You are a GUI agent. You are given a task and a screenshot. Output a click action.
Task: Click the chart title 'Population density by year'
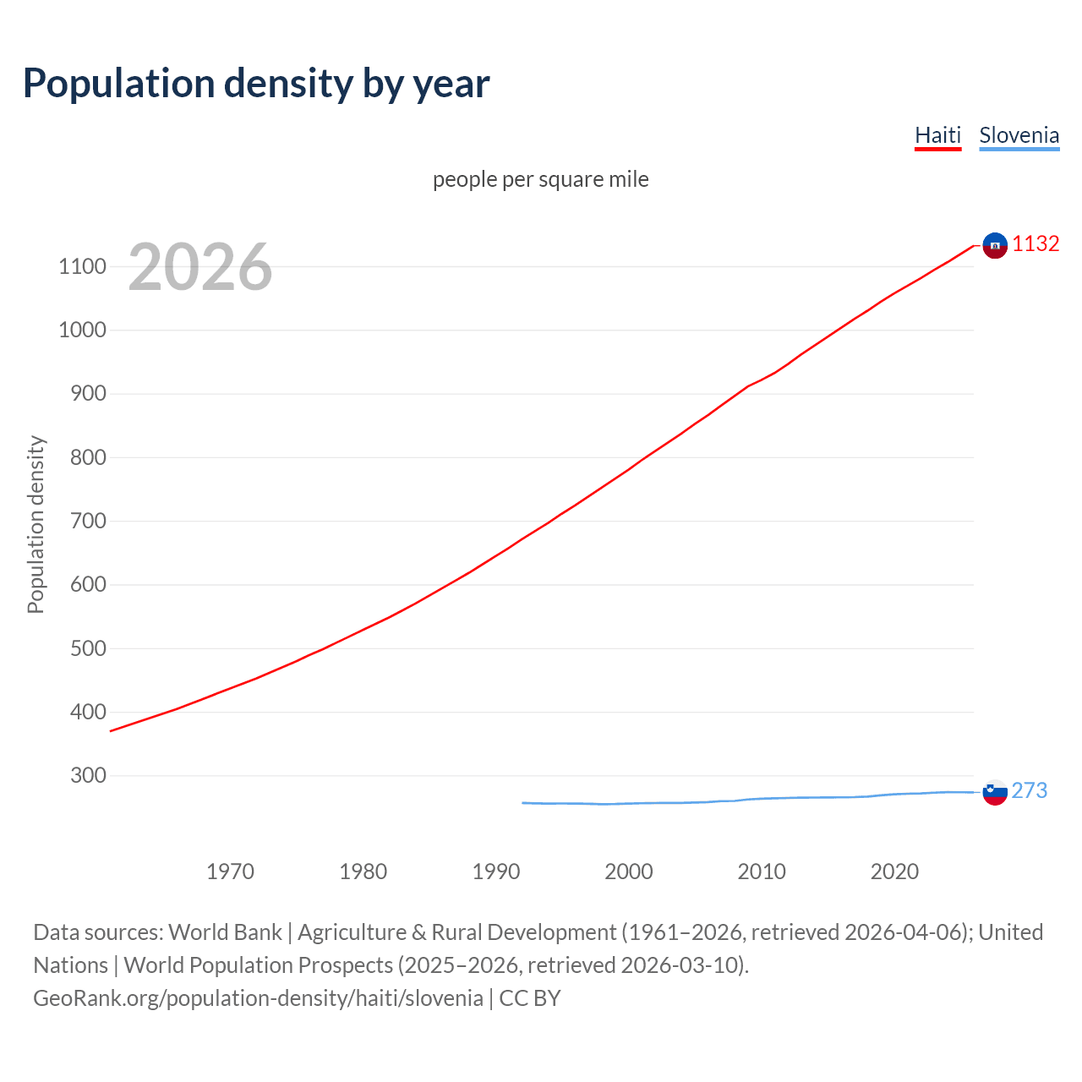coord(256,84)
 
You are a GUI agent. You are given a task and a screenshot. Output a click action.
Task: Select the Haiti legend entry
coord(937,135)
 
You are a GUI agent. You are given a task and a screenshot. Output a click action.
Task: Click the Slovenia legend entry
coord(1019,135)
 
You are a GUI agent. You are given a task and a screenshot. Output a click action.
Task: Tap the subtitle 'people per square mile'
coord(540,179)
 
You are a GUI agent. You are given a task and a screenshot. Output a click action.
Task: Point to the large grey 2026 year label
coord(200,267)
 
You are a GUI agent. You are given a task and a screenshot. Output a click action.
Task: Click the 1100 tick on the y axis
coord(82,267)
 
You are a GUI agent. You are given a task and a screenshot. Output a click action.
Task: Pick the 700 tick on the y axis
coord(82,522)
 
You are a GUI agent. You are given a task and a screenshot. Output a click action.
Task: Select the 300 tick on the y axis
coord(82,776)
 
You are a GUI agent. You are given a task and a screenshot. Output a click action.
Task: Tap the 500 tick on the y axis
coord(82,648)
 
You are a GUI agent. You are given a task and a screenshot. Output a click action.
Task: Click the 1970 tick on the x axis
coord(230,872)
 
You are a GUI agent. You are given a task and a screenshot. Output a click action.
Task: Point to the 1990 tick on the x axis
coord(496,872)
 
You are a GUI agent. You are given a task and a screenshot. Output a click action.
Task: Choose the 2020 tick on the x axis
coord(894,872)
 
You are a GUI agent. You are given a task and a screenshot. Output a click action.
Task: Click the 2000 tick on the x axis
coord(629,872)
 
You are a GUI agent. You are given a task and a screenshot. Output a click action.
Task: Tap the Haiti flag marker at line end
coord(995,245)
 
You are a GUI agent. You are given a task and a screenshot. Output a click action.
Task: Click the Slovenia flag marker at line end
coord(995,792)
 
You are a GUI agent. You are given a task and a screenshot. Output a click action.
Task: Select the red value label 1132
coord(1036,244)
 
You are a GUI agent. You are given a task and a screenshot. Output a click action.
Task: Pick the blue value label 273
coord(1029,791)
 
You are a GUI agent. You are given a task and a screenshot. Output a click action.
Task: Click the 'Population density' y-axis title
coord(36,524)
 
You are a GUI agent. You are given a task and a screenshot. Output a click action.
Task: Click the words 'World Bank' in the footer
coord(225,932)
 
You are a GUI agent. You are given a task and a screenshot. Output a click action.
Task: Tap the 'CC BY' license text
coord(530,998)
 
